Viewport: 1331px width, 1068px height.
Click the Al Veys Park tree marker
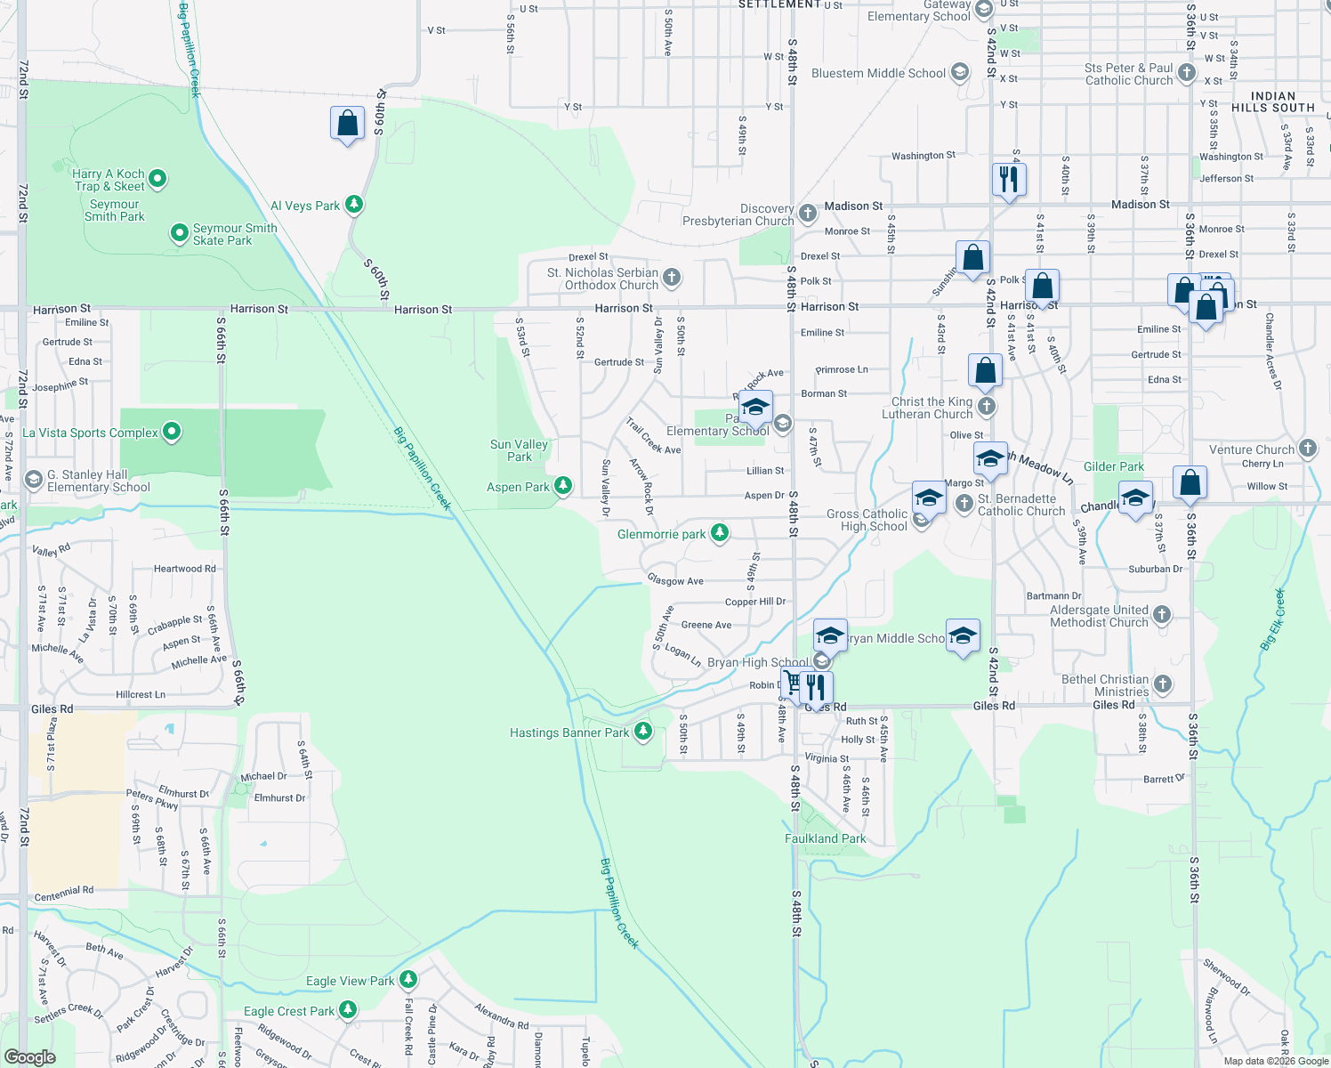coord(354,205)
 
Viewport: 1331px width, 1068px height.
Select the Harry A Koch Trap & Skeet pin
coord(157,179)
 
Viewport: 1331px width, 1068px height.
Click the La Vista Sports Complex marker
coord(172,433)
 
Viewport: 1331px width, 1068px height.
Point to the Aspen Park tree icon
coord(562,486)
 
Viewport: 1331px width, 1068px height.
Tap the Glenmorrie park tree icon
coord(720,533)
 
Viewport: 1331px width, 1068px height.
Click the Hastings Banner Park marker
coord(643,732)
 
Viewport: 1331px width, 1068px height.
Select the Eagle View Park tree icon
coord(407,980)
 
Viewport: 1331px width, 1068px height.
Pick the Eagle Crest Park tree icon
coord(348,1010)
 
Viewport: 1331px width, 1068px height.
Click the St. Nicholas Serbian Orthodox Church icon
coord(672,279)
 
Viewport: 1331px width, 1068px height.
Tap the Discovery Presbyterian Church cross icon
coord(807,213)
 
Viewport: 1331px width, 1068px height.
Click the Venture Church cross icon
coord(1307,449)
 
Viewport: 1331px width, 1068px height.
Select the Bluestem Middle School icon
coord(959,73)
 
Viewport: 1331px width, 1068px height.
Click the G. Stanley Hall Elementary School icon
coord(34,481)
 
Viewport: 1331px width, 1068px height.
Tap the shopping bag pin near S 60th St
coord(347,124)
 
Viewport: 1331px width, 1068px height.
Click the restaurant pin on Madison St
coord(1009,180)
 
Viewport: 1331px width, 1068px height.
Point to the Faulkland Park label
coord(825,838)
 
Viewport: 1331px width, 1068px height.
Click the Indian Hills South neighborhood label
coord(1272,101)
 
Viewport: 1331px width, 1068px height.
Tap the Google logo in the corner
coord(30,1056)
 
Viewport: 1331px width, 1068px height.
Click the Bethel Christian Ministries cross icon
coord(1162,684)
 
